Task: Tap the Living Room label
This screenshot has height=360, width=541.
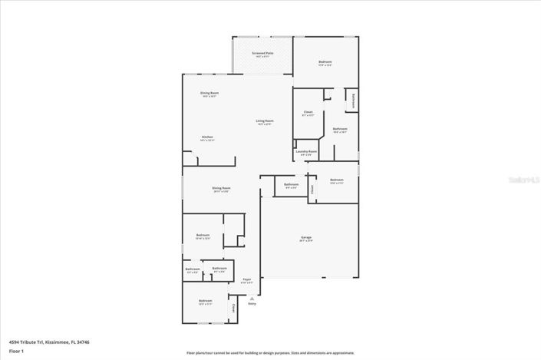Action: click(x=265, y=121)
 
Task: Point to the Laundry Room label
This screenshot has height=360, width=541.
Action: click(x=307, y=152)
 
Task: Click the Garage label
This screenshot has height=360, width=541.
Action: click(x=305, y=239)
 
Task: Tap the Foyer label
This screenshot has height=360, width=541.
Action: click(x=246, y=280)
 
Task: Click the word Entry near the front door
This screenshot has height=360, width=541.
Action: click(x=252, y=304)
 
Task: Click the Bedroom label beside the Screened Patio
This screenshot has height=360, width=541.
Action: click(x=325, y=61)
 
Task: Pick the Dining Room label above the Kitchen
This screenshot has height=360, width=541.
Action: click(x=209, y=94)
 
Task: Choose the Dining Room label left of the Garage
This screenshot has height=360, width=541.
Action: click(x=221, y=189)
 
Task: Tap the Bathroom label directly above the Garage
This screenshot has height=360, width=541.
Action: click(x=291, y=184)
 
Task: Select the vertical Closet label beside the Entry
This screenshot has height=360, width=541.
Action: click(x=233, y=308)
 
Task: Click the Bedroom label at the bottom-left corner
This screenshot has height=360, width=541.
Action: click(x=205, y=301)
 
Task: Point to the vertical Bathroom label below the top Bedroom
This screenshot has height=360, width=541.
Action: click(x=352, y=100)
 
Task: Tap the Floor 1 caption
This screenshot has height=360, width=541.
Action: click(x=17, y=351)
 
